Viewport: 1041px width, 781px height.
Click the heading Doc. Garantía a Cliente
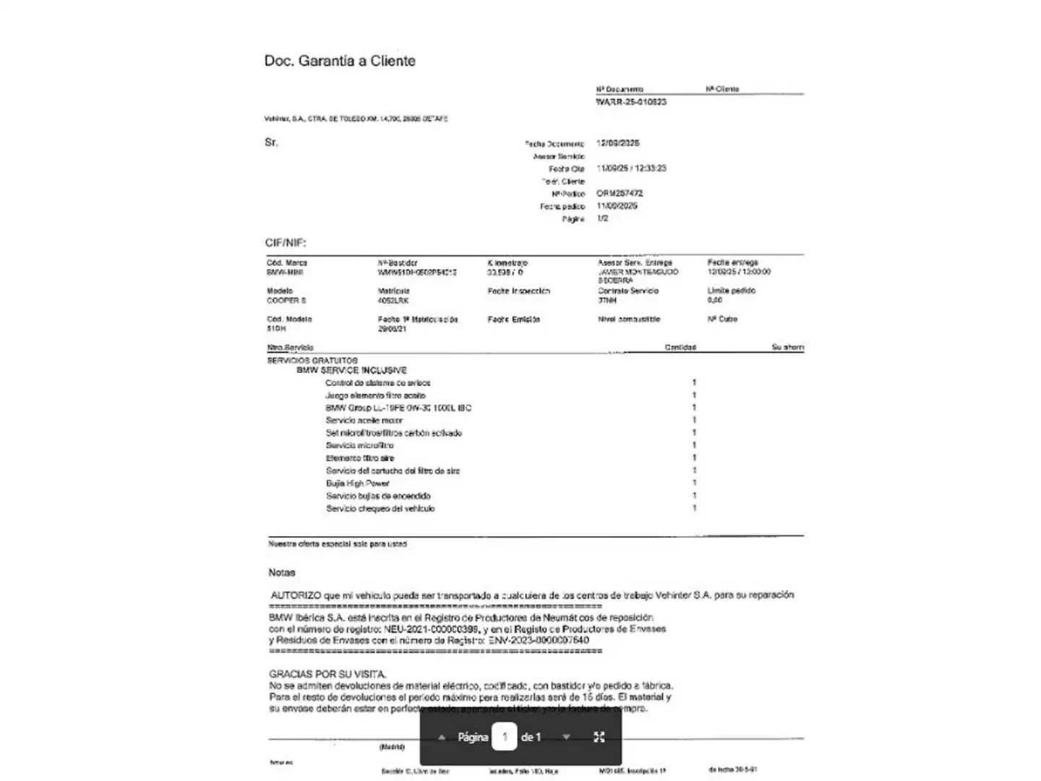[x=340, y=61]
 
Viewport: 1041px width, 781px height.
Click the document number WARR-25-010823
[x=631, y=102]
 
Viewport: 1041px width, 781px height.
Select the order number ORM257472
[x=620, y=193]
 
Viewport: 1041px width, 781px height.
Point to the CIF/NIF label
[x=286, y=243]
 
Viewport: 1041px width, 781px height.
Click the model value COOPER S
[x=286, y=300]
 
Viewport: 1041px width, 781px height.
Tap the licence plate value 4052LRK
[x=393, y=300]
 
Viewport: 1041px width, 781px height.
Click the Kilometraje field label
[x=508, y=263]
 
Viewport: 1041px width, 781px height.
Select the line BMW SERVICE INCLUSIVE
[x=351, y=370]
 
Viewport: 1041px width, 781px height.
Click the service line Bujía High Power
[x=357, y=483]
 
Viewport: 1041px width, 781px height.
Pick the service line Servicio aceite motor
[x=364, y=420]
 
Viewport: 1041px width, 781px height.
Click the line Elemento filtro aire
[x=359, y=458]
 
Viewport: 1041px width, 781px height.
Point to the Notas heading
[x=282, y=572]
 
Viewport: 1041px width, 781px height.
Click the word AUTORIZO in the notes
[x=296, y=595]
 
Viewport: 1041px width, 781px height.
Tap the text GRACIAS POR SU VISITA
[x=327, y=674]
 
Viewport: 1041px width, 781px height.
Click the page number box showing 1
[x=505, y=737]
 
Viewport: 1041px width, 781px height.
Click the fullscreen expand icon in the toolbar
[x=599, y=737]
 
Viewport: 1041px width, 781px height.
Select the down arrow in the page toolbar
[x=566, y=737]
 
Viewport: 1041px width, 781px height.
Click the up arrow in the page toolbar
[x=442, y=737]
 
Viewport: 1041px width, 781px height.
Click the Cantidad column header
[x=680, y=347]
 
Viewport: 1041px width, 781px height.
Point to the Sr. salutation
[x=271, y=142]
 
